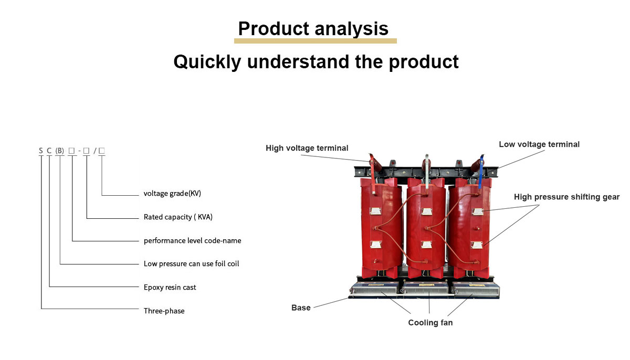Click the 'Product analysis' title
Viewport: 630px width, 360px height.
point(313,29)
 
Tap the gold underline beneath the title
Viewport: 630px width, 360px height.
point(316,41)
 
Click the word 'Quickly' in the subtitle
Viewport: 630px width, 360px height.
point(207,62)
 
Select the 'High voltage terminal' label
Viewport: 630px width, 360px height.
point(307,148)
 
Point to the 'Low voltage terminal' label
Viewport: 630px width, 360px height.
point(539,144)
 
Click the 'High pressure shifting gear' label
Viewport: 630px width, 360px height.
point(566,197)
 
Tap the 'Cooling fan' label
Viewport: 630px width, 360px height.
point(430,323)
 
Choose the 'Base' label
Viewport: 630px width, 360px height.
point(301,308)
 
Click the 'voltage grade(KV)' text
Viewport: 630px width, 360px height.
point(172,193)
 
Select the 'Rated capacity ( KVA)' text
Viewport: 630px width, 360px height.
point(178,217)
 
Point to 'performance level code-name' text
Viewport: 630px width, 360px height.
point(192,240)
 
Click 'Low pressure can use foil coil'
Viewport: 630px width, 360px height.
point(191,263)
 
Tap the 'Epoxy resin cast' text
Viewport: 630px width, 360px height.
point(170,287)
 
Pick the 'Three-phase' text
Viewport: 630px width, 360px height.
point(164,311)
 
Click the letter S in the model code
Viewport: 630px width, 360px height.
point(41,151)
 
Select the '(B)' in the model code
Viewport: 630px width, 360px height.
point(60,151)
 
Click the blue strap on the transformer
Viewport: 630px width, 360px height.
point(481,172)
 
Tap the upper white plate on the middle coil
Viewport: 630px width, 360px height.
point(427,211)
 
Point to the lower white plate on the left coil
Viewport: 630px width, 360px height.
point(376,245)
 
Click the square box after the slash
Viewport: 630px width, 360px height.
point(102,151)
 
